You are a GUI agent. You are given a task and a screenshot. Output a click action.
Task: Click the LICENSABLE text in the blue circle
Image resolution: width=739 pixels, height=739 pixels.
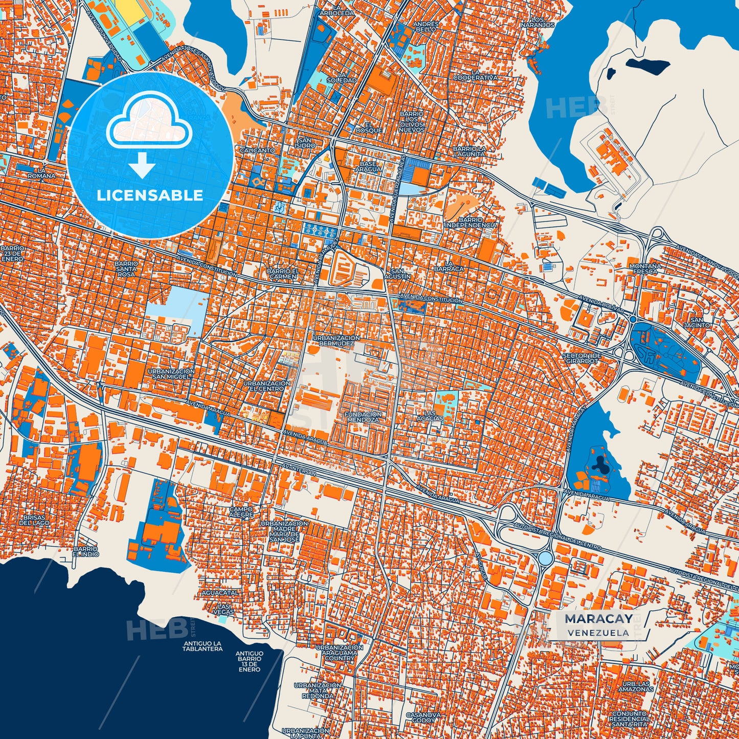(x=150, y=195)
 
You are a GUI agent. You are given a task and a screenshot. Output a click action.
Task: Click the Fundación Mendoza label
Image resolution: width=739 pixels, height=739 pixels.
(x=363, y=417)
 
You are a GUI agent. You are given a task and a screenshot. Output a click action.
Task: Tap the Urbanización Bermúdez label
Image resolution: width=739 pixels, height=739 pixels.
(x=337, y=341)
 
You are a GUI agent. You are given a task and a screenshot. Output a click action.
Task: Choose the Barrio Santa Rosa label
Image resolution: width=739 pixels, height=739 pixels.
(x=126, y=269)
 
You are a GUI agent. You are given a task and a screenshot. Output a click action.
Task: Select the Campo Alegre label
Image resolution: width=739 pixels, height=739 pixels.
(x=241, y=512)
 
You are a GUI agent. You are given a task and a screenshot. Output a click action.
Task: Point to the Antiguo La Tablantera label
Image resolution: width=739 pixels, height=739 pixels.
(x=203, y=646)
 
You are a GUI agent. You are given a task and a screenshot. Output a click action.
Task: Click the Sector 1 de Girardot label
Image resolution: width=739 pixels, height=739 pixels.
(x=581, y=358)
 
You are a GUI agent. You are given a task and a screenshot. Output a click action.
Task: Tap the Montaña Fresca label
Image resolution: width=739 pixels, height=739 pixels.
(x=645, y=268)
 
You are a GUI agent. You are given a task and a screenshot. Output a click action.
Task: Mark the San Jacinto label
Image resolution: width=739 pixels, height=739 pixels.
(x=697, y=322)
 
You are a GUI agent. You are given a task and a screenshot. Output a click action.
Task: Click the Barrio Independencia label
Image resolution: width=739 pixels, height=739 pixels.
(x=471, y=222)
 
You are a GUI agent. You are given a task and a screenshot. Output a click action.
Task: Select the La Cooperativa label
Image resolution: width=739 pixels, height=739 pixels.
(x=476, y=75)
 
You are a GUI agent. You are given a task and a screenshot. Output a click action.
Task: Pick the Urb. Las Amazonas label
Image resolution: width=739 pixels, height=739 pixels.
(x=635, y=686)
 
